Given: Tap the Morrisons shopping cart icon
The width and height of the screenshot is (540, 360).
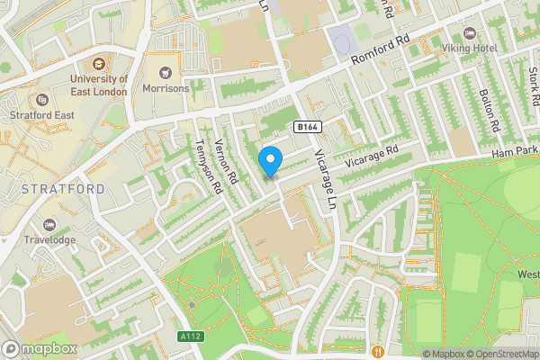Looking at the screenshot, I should click(x=165, y=72).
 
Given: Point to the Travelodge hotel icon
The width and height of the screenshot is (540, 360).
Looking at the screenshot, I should click(x=49, y=224).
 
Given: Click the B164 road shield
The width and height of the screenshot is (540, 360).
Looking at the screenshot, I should click(x=307, y=127).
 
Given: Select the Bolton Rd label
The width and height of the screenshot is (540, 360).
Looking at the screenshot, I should click(x=491, y=107).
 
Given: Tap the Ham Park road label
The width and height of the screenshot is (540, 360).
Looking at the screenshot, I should click(x=515, y=155).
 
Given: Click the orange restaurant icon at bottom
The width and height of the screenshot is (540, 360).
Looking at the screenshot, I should click(x=377, y=350).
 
